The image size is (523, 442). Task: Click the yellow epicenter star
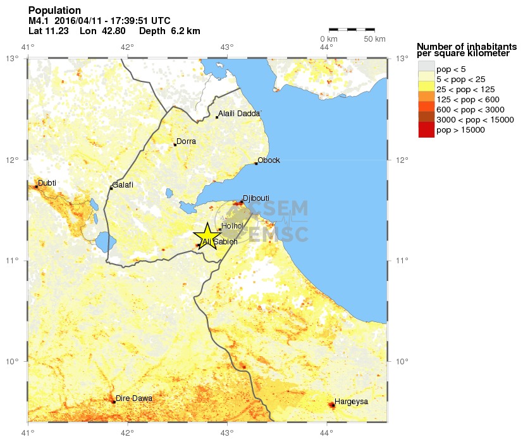click(208, 236)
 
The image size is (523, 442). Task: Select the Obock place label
click(268, 160)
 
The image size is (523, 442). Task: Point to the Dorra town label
click(186, 141)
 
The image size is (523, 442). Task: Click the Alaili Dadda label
click(239, 114)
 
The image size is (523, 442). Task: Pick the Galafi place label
click(123, 185)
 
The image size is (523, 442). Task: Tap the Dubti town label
click(47, 184)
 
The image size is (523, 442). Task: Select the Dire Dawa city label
click(133, 398)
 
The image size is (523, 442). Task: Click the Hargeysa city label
click(351, 401)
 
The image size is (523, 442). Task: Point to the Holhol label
click(233, 225)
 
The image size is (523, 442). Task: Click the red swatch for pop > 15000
click(426, 130)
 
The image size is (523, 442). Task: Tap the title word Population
click(54, 11)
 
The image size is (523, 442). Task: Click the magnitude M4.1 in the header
click(39, 21)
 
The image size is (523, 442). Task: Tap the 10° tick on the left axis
click(15, 362)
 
